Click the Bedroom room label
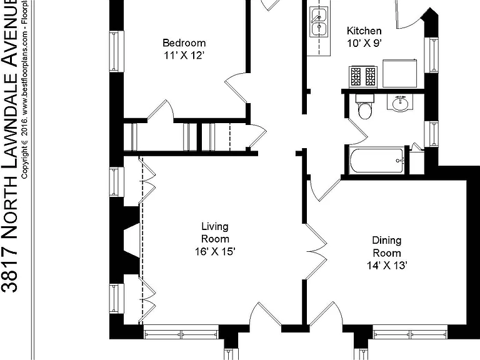pos(184,42)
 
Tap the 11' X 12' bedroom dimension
pos(184,56)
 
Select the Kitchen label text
pos(364,31)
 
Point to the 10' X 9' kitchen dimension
pos(364,43)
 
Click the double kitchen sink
pos(319,21)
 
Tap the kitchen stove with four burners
pos(363,76)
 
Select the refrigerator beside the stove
pos(400,74)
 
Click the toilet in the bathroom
pos(364,106)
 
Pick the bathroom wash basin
pos(400,102)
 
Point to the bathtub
pos(377,161)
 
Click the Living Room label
pos(215,232)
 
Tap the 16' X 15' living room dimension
pos(215,252)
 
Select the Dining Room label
pos(387,246)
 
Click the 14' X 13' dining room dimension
pos(387,265)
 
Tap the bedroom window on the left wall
pos(117,51)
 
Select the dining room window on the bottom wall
pos(410,332)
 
